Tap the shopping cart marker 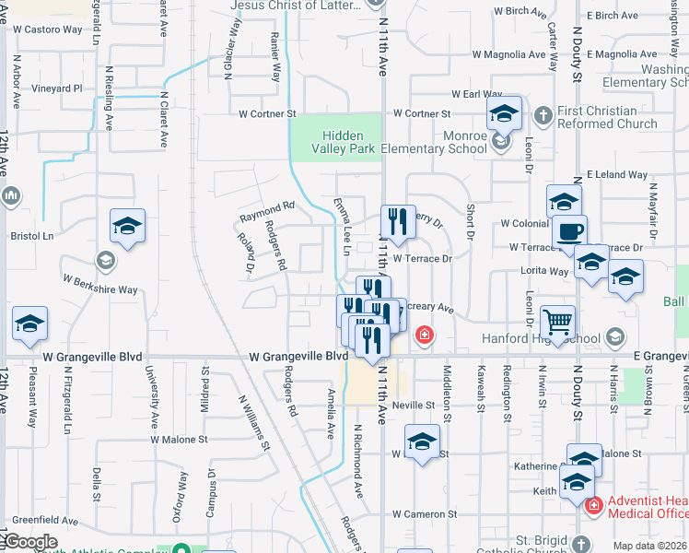point(558,323)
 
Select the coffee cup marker point(569,231)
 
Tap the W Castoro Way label point(47,29)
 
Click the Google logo point(30,542)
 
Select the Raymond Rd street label point(266,211)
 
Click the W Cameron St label point(425,514)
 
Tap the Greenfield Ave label point(44,521)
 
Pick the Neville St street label point(413,406)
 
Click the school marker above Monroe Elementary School point(504,113)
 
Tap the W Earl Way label point(476,94)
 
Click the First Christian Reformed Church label point(607,117)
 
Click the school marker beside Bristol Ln point(128,227)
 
